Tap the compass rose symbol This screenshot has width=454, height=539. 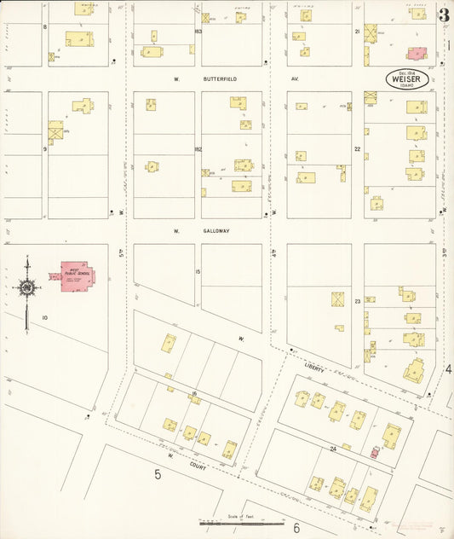27,289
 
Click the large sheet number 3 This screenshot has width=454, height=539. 444,14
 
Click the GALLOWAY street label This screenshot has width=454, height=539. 216,230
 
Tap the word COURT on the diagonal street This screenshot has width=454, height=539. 198,465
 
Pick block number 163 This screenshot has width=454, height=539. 198,32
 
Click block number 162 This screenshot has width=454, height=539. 198,150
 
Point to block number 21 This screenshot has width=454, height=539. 358,32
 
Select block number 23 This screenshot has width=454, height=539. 358,301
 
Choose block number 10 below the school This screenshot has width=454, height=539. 44,317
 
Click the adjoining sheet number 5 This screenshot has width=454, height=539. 158,473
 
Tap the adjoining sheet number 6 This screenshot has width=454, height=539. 296,528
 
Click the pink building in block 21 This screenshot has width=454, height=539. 417,53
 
